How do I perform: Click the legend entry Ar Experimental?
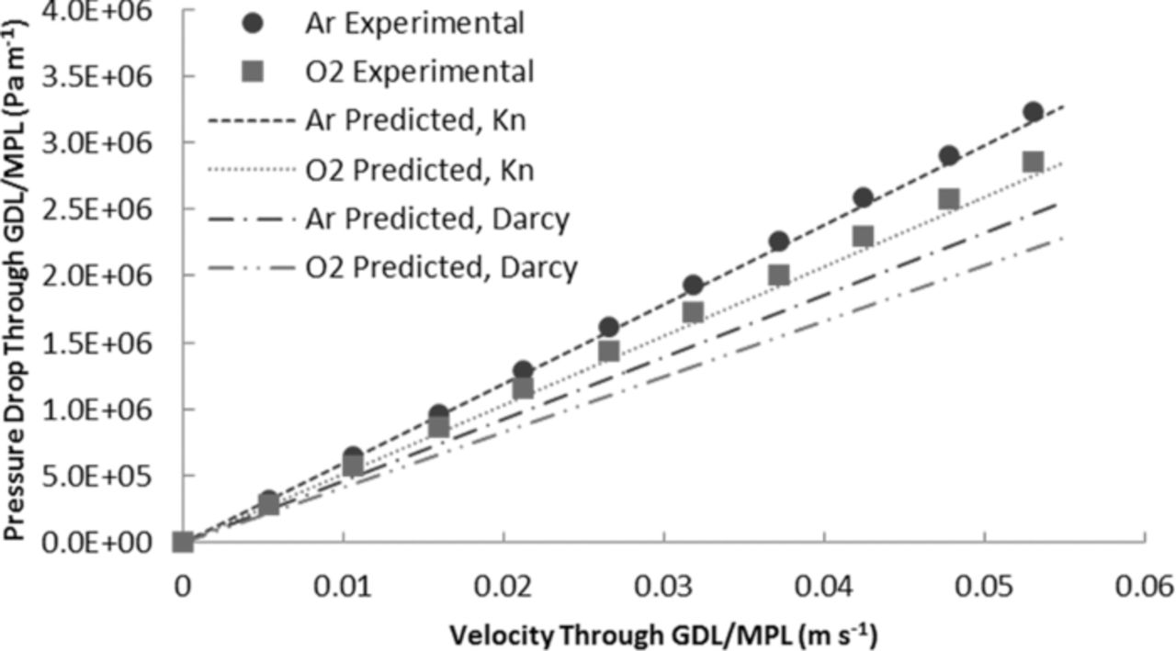tap(414, 23)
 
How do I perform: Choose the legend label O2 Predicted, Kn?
tap(419, 170)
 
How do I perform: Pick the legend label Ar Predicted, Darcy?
tap(436, 219)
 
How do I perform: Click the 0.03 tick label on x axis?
tap(663, 585)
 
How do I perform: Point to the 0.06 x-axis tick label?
tap(1144, 585)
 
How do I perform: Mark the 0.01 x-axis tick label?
tap(343, 585)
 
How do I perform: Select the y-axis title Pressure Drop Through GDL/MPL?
tap(20, 275)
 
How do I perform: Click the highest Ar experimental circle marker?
tap(1033, 112)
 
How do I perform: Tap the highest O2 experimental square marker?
tap(1033, 163)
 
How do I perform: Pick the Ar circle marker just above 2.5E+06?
tap(863, 197)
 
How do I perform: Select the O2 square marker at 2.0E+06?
tap(779, 275)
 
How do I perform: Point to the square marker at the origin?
tap(183, 543)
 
